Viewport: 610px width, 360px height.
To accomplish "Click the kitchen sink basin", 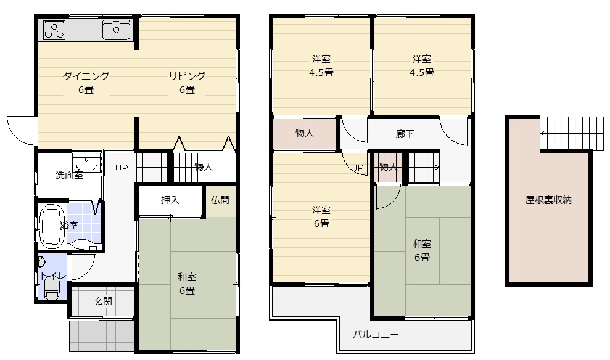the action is pos(116,30).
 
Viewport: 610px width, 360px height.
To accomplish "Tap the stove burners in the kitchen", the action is pos(54,30).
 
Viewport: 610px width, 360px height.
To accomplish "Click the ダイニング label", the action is pos(86,76).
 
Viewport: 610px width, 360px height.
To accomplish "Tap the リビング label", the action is pos(187,76).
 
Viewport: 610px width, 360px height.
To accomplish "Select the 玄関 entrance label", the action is pos(103,301).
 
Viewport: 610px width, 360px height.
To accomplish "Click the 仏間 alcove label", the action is pos(220,200).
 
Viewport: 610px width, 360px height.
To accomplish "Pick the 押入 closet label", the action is pos(170,200).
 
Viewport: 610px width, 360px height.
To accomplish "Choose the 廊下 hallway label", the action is pos(405,134).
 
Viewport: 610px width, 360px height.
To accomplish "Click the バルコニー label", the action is pos(376,335).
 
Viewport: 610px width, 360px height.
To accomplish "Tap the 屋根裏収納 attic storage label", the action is pos(548,200).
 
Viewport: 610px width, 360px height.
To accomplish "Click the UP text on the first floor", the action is pos(122,168).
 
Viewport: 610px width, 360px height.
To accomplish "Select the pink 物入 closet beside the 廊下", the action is pos(305,133).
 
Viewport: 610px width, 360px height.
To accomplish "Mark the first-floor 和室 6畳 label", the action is pos(187,284).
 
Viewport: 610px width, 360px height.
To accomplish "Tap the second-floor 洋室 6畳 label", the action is pos(322,217).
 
